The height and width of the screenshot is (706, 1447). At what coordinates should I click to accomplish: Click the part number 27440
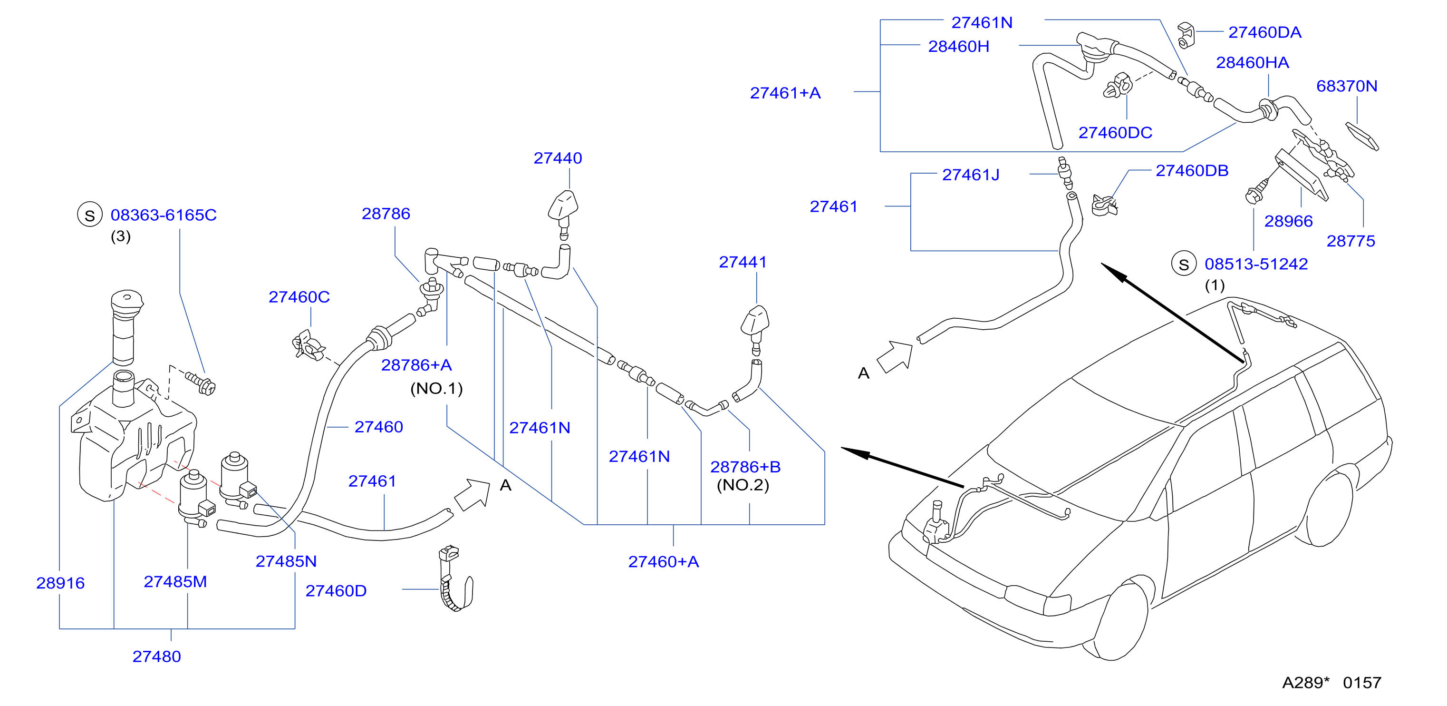coord(557,158)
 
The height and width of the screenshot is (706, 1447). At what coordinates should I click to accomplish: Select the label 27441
coord(743,262)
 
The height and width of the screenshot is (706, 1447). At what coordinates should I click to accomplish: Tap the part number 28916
coord(60,583)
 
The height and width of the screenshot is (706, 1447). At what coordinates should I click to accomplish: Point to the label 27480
coord(157,657)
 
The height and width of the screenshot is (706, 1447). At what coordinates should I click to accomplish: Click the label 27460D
coord(336,591)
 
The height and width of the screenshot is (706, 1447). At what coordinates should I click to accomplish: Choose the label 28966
coord(1288,221)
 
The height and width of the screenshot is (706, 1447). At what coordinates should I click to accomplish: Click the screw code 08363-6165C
coord(164,215)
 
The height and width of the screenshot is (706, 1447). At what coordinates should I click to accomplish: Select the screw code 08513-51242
coord(1256,264)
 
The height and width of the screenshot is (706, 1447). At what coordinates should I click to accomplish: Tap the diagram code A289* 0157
coord(1331,682)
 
